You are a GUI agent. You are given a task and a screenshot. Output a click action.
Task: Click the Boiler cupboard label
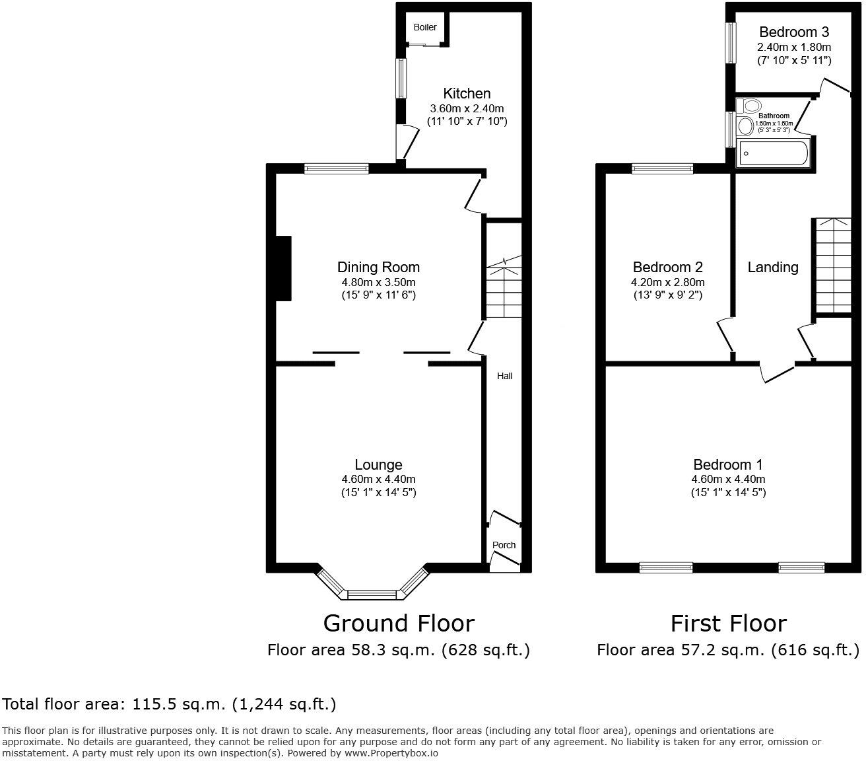click(x=425, y=27)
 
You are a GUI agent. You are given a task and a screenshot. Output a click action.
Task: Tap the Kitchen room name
click(x=467, y=93)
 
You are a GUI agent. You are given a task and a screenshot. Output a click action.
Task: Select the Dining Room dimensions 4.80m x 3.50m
click(x=378, y=281)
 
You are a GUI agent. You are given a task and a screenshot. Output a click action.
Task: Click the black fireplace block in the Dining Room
click(x=283, y=268)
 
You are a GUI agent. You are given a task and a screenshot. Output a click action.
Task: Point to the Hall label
click(x=504, y=376)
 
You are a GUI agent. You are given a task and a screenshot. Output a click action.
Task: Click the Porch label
click(x=504, y=545)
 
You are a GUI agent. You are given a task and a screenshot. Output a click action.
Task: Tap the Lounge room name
click(x=378, y=464)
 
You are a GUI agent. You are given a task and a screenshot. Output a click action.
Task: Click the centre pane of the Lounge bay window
click(x=374, y=595)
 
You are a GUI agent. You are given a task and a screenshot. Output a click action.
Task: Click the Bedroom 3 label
click(x=794, y=32)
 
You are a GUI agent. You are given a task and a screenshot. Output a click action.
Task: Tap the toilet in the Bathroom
click(x=750, y=106)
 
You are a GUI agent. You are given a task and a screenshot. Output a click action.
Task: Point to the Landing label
click(x=772, y=267)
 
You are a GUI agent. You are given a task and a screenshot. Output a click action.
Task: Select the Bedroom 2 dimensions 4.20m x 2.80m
click(x=667, y=282)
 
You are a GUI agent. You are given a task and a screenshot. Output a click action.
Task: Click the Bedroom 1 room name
click(x=728, y=464)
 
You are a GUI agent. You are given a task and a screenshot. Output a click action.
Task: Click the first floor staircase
click(x=833, y=264)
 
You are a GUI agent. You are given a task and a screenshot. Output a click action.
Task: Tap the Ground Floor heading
click(x=398, y=623)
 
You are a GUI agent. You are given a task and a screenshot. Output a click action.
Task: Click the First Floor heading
click(x=728, y=623)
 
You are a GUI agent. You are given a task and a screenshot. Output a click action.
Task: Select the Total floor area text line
click(x=170, y=704)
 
